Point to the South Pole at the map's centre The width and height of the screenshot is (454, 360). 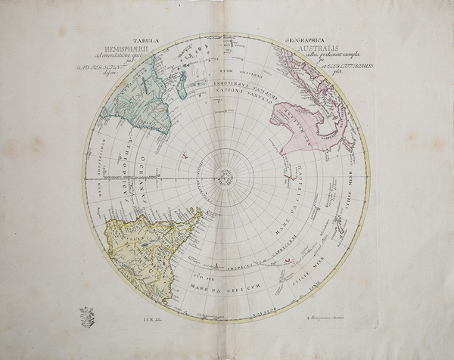[225, 178]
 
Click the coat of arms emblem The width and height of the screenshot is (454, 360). [88, 312]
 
